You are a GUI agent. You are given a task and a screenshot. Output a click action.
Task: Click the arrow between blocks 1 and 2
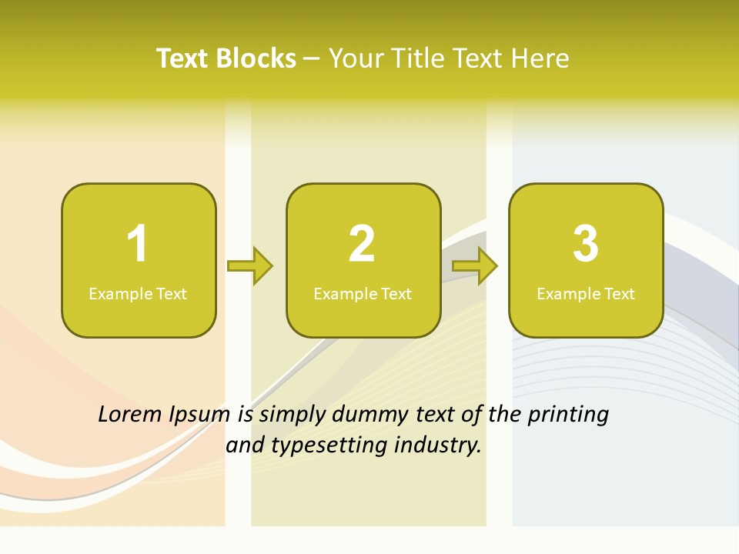click(250, 265)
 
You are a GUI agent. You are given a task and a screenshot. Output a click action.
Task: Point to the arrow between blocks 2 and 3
click(475, 265)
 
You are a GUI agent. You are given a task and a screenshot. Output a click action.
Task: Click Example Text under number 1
click(138, 293)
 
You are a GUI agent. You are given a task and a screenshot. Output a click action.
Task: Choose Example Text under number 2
click(363, 293)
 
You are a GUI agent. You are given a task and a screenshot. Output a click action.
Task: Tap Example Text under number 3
click(586, 293)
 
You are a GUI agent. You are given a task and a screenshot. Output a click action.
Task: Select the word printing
click(567, 415)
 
